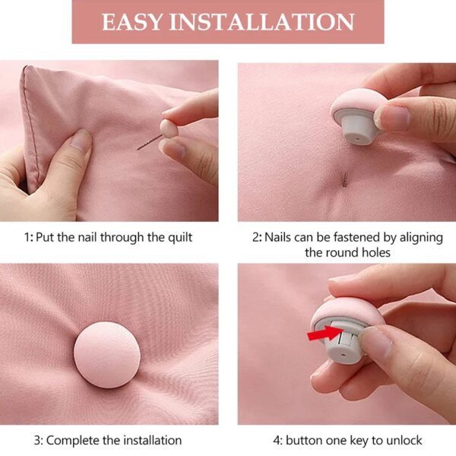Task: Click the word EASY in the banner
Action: pyautogui.click(x=132, y=21)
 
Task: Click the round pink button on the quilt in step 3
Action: pyautogui.click(x=106, y=355)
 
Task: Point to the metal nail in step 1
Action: pyautogui.click(x=149, y=141)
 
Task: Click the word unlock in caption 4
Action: pyautogui.click(x=404, y=440)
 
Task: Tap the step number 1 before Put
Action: pyautogui.click(x=26, y=237)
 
